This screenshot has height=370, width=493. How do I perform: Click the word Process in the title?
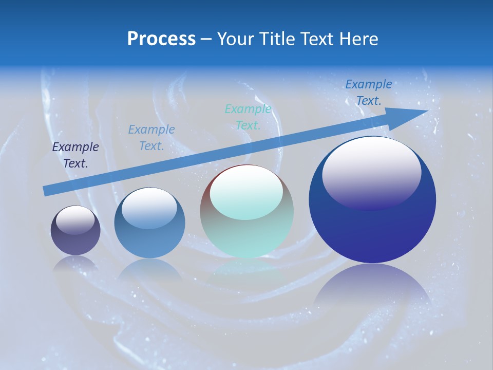161,39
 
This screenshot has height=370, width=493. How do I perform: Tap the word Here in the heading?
359,39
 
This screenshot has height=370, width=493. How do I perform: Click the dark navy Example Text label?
75,155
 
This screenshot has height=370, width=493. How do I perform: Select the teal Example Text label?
248,117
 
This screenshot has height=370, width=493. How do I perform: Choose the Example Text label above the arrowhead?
368,92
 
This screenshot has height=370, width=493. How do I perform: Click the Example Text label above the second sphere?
151,138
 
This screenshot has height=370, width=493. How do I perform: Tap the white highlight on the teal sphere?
246,192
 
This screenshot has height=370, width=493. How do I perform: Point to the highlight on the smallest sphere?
75,220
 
